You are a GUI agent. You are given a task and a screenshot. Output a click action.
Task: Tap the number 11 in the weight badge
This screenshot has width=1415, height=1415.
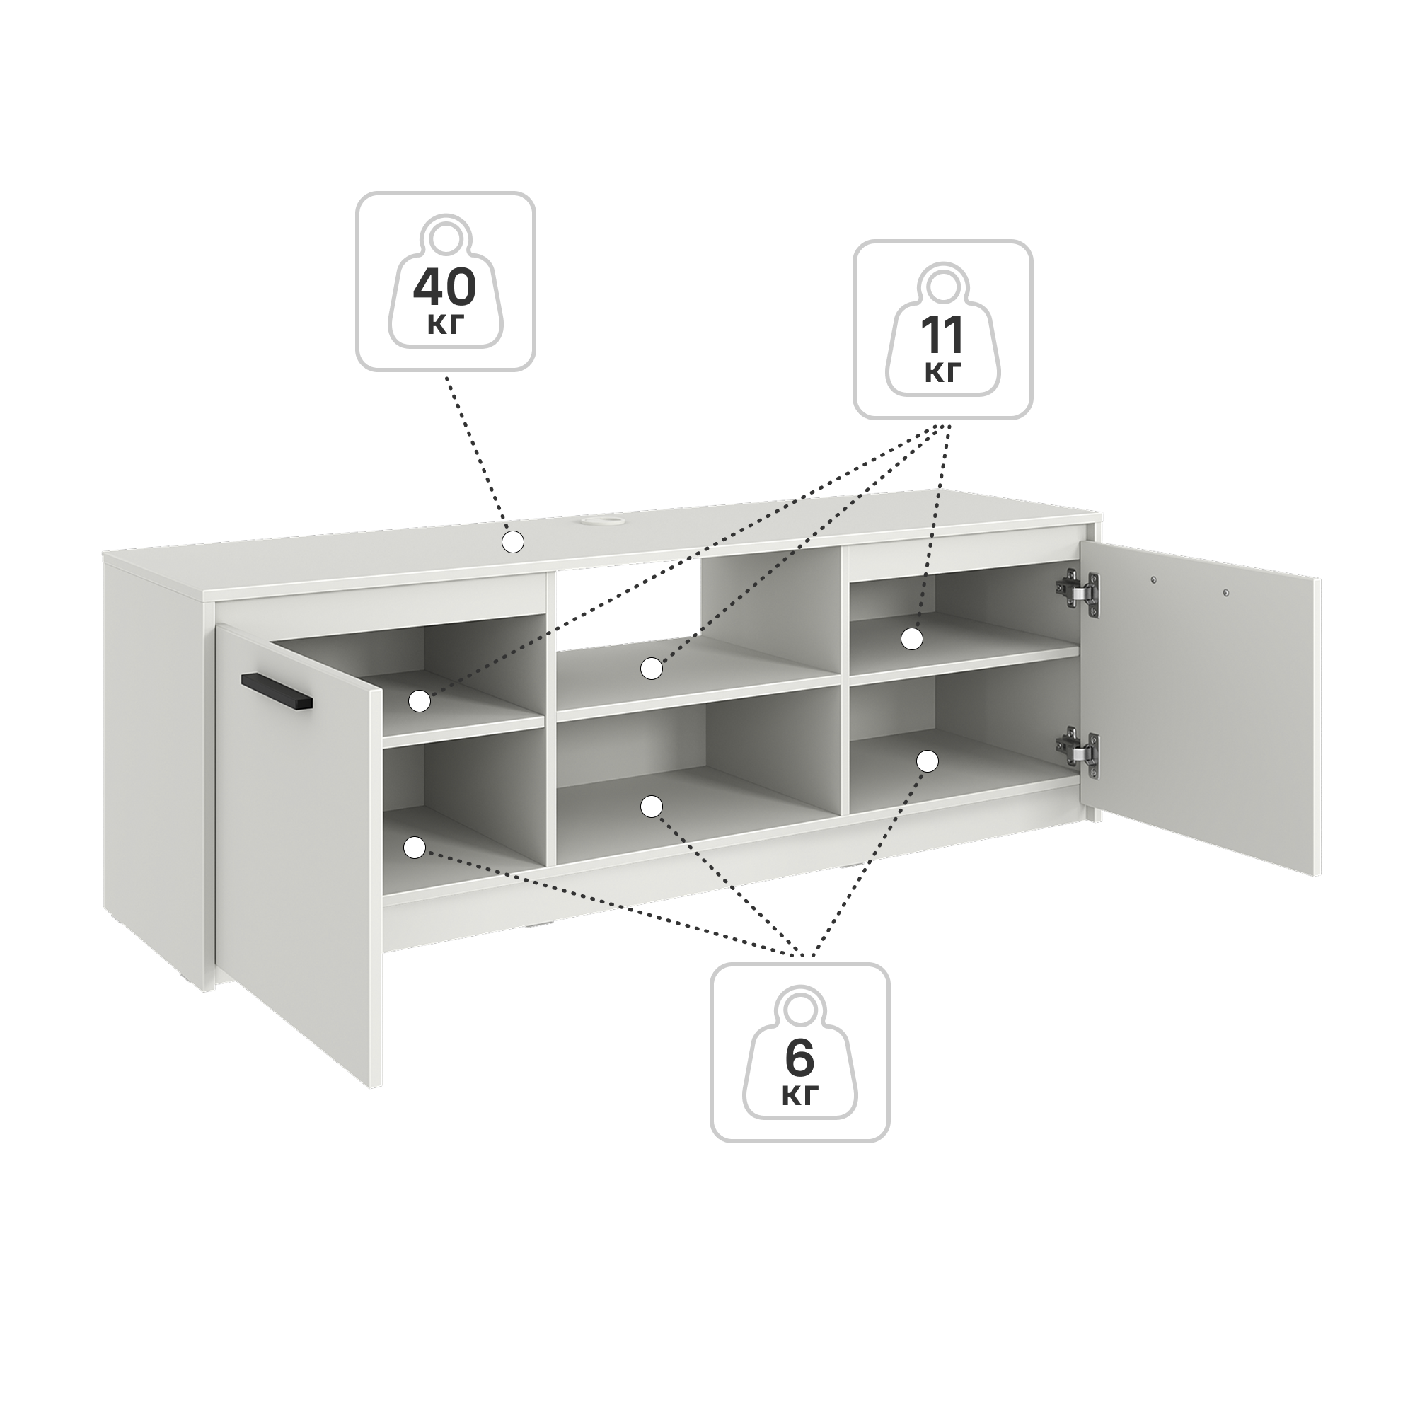click(x=942, y=335)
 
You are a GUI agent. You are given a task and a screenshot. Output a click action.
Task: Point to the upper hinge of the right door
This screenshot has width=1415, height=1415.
click(x=1078, y=589)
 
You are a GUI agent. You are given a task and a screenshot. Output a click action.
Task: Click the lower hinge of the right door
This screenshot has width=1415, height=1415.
click(x=1078, y=748)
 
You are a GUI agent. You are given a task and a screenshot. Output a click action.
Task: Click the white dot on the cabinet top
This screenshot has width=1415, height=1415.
click(x=514, y=542)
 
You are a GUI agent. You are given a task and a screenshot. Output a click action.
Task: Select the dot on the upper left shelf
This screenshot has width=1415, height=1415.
click(x=419, y=701)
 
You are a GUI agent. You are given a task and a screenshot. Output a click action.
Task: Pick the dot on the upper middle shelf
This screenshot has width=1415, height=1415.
click(x=651, y=668)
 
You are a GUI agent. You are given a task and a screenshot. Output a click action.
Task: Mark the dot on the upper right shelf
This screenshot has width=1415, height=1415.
click(x=912, y=639)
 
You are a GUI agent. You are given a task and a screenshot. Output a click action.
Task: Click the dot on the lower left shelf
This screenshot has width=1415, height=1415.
click(x=415, y=848)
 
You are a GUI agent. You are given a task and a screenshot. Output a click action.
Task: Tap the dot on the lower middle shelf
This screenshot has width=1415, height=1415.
click(x=651, y=807)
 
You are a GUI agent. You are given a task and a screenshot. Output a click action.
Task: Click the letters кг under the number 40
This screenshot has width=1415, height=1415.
click(x=445, y=325)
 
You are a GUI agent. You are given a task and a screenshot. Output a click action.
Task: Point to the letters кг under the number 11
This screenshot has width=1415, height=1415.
click(x=942, y=374)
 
